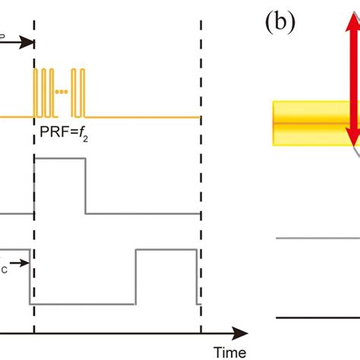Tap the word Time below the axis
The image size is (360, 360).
229,352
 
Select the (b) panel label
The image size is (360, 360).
282,21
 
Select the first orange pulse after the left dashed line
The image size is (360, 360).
39,92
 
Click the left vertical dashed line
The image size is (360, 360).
34,190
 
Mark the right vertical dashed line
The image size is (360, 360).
201,190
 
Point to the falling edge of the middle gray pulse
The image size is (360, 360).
85,186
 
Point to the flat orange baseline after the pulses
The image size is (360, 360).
144,116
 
